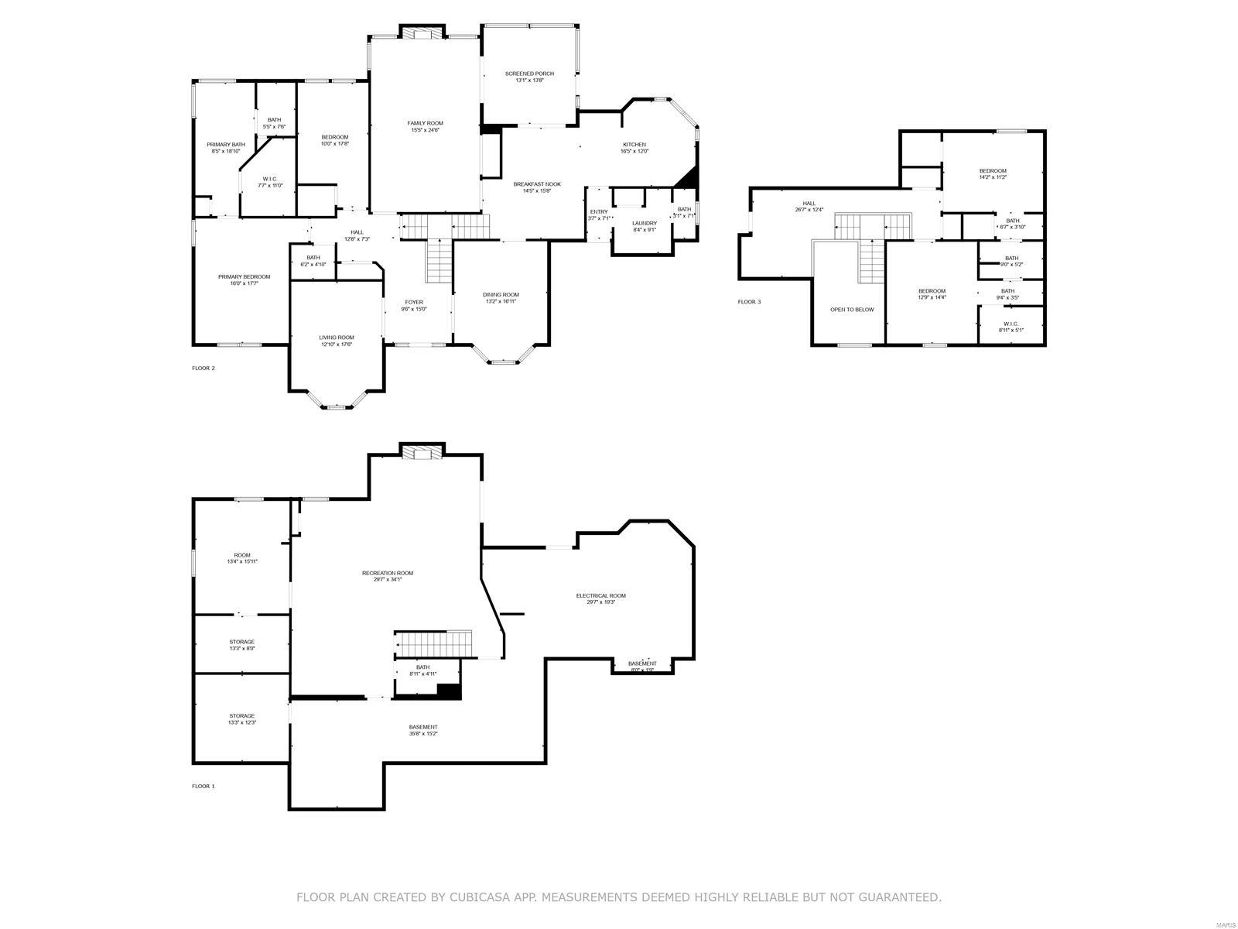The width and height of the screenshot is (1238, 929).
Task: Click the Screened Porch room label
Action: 529,77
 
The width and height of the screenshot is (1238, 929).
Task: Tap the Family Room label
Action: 425,126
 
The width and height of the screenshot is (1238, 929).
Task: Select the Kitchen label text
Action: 634,147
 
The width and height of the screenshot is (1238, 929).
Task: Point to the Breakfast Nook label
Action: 537,187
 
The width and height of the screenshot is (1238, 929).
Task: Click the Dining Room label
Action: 501,297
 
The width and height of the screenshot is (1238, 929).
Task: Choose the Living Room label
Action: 337,341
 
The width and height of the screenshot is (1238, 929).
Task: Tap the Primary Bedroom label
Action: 244,279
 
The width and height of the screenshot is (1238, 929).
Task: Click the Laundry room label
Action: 644,226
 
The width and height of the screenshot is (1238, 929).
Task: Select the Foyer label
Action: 414,305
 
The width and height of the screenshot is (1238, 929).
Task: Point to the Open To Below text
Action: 852,310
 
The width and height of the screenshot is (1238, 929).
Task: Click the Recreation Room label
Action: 388,576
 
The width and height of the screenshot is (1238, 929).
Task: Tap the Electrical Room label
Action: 600,598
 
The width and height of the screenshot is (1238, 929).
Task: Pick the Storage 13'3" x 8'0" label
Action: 241,645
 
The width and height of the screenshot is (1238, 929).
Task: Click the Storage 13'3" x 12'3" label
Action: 241,719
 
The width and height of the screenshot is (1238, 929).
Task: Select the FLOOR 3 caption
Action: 749,302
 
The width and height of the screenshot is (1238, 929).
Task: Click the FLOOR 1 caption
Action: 203,786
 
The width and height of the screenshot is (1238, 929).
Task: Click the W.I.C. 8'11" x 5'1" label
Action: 1011,327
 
